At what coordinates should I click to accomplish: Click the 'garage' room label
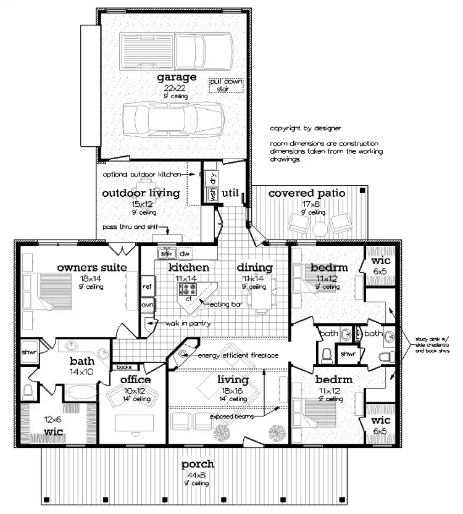(x=177, y=77)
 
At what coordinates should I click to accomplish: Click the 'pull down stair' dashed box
(x=226, y=85)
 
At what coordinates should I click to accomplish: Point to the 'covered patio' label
(x=306, y=194)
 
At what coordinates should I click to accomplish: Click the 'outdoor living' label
(x=140, y=193)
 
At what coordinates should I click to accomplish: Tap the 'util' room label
(x=230, y=193)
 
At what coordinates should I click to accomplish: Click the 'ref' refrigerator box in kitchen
(x=147, y=286)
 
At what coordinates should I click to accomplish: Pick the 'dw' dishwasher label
(x=185, y=254)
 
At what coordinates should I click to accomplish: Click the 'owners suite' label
(x=92, y=267)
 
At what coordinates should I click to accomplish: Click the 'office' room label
(x=136, y=379)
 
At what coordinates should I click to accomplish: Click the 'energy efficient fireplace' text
(x=237, y=355)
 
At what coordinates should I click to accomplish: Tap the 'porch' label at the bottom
(x=198, y=464)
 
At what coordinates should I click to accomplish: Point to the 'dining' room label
(x=254, y=267)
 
